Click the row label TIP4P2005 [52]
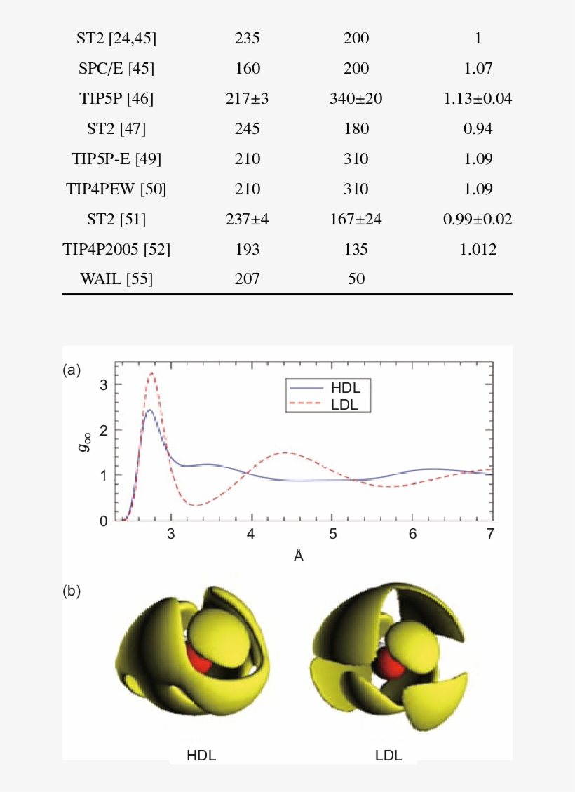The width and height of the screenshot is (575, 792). pos(116,250)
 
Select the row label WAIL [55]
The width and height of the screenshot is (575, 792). pos(116,279)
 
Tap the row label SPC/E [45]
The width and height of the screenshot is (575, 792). pos(116,69)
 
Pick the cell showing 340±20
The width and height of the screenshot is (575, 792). pos(356,99)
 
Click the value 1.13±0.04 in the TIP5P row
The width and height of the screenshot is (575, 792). pos(478,99)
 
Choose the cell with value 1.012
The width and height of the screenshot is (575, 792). pos(478,250)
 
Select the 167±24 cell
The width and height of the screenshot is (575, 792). pos(356,220)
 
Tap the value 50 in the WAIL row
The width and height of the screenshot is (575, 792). pos(356,279)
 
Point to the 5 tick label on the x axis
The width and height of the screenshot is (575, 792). pos(332,535)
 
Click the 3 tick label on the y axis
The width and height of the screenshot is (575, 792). pos(104,384)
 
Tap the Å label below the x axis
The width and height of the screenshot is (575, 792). pos(299,556)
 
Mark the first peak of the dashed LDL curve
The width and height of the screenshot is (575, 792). pos(151,373)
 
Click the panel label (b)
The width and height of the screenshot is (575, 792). pos(72,591)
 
